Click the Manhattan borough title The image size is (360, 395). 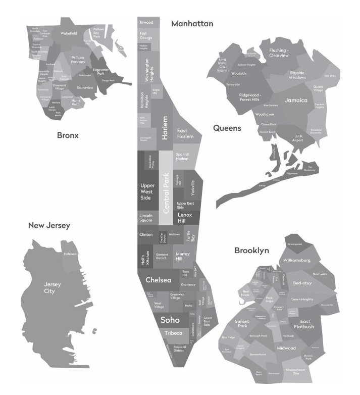[x=192, y=23]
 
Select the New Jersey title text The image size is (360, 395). [x=49, y=225]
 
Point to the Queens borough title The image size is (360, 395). [x=227, y=128]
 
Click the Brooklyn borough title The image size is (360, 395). [x=251, y=250]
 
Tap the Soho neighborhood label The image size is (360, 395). [x=170, y=320]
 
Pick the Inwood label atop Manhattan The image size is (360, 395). [x=146, y=23]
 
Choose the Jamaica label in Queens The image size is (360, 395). [x=296, y=100]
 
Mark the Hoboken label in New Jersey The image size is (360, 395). [x=70, y=254]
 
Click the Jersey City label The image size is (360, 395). [x=53, y=287]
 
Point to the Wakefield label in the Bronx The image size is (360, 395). [x=68, y=34]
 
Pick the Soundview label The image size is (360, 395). [x=85, y=88]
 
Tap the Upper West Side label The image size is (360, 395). [x=147, y=192]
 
